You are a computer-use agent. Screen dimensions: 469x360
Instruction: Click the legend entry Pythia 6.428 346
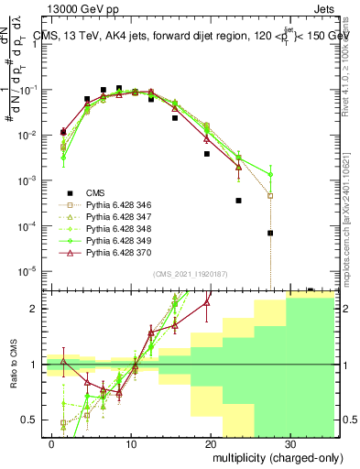click(111, 205)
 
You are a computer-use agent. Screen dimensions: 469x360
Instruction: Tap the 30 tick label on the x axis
click(290, 442)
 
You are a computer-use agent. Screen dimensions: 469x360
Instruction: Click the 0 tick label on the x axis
click(52, 442)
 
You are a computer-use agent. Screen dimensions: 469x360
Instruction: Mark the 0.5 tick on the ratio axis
click(33, 420)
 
